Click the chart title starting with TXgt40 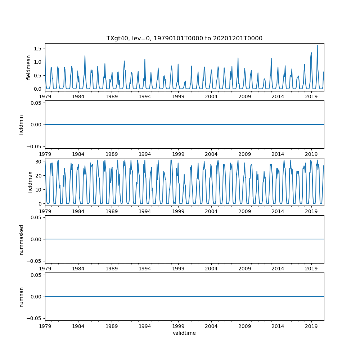(x=184, y=38)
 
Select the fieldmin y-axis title (x=21, y=125)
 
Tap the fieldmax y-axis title (x=31, y=182)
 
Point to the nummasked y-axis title (x=21, y=239)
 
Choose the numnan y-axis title (x=21, y=297)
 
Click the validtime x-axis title (x=184, y=333)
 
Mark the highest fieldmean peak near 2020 (x=317, y=45)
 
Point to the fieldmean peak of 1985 (x=85, y=56)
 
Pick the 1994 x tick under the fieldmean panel (x=145, y=96)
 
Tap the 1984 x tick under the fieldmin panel (x=78, y=153)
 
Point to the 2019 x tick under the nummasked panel (x=311, y=268)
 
